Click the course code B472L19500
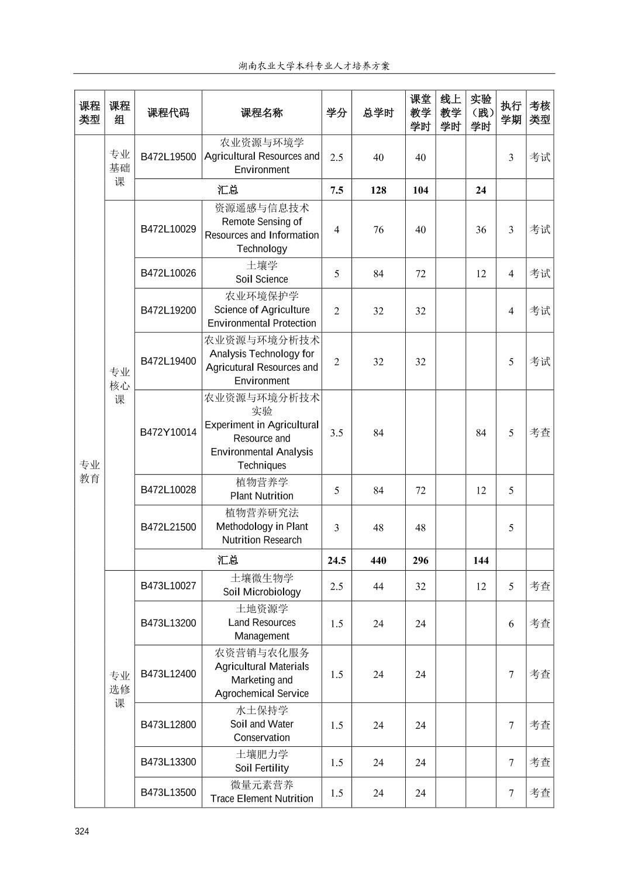168,157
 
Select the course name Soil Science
261,279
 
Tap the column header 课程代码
168,113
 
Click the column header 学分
336,113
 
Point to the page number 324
82,832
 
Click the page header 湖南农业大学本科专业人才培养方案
314,66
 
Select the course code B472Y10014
168,432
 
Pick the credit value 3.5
336,433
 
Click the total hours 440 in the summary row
378,560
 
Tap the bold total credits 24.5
336,560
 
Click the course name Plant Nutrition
261,496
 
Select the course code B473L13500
168,792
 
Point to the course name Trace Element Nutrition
261,798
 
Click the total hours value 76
378,230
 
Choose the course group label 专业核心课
119,385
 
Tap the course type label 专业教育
89,471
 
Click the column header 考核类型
540,113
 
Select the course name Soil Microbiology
261,592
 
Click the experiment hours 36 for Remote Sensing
481,230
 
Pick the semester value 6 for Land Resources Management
511,623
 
